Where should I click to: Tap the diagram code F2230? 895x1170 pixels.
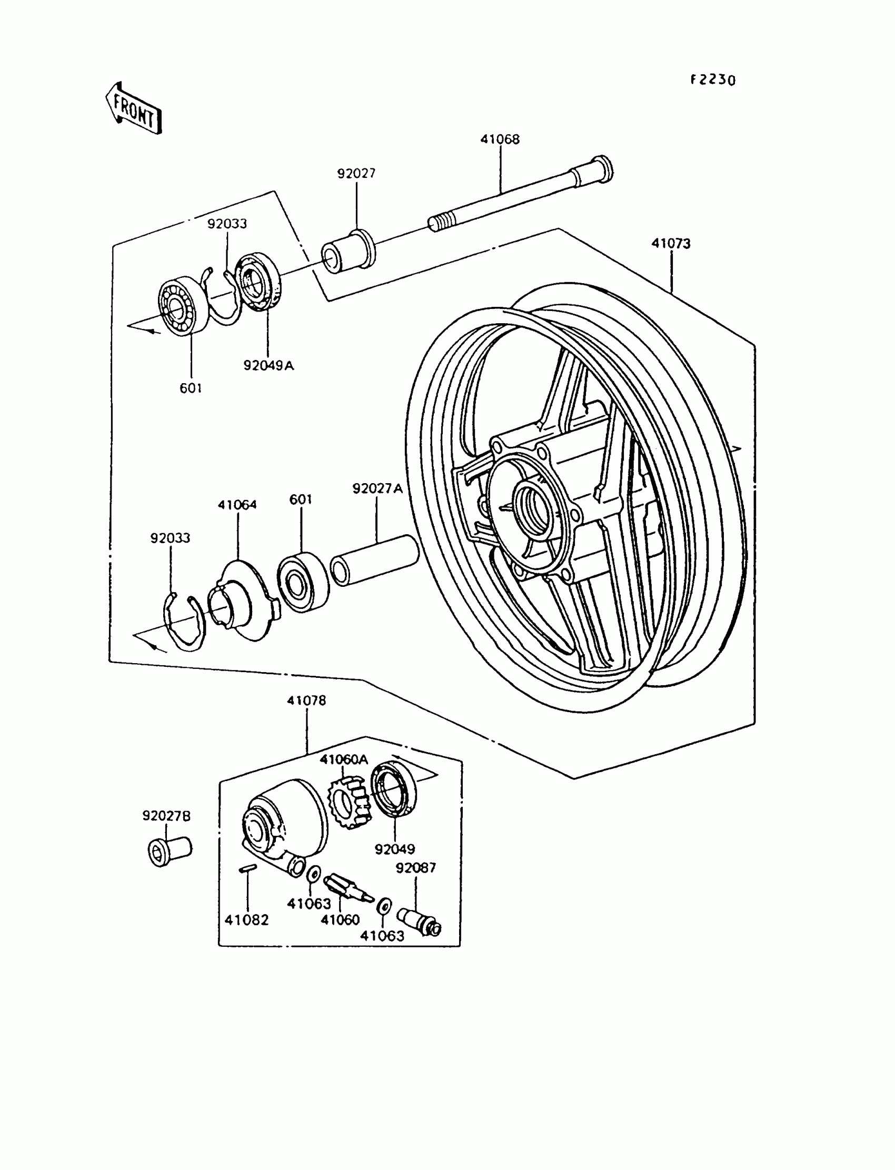click(x=713, y=80)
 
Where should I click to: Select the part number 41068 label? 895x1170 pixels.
click(x=500, y=139)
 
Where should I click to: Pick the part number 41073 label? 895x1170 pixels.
click(x=671, y=243)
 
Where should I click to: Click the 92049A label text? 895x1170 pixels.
click(x=268, y=365)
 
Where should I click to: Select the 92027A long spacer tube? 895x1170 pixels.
click(x=374, y=561)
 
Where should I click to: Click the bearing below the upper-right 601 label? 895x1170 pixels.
click(x=303, y=582)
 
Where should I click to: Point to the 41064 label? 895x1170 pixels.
click(x=237, y=504)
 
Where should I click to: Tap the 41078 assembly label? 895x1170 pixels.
click(x=306, y=701)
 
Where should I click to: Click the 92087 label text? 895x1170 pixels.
click(x=415, y=868)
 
